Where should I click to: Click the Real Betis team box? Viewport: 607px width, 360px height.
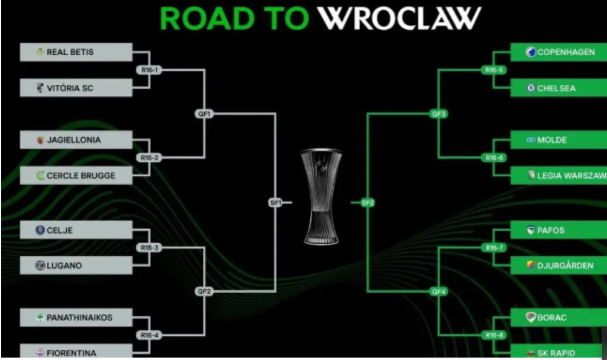coord(76,52)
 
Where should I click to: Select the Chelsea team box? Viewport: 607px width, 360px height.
coord(559,88)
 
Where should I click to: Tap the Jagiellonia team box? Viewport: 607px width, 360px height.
coord(76,140)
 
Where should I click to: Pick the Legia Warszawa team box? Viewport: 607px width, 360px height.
coord(559,175)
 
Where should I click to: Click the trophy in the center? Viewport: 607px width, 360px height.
coord(321,196)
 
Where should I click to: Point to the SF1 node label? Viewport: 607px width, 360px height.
coord(275,202)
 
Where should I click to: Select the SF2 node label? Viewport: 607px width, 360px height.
coord(367,202)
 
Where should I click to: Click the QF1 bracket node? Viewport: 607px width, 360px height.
coord(204,114)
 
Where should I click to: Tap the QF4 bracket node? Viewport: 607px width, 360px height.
coord(439,292)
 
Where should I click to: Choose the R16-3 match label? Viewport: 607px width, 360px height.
coord(150,248)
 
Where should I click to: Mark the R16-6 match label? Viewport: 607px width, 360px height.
coord(494,158)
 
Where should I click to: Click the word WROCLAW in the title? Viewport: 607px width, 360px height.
coord(399,18)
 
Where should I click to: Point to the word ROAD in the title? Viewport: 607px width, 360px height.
coord(207,18)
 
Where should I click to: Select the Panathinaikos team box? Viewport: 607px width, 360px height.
coord(76,318)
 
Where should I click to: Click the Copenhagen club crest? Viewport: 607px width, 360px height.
coord(531,52)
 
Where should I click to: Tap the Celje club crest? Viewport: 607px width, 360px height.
coord(40,230)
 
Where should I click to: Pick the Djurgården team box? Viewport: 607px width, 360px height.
coord(559,265)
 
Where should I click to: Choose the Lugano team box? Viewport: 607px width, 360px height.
coord(76,265)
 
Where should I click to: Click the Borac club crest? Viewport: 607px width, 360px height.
coord(531,318)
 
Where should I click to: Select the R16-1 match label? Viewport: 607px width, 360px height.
coord(150,70)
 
